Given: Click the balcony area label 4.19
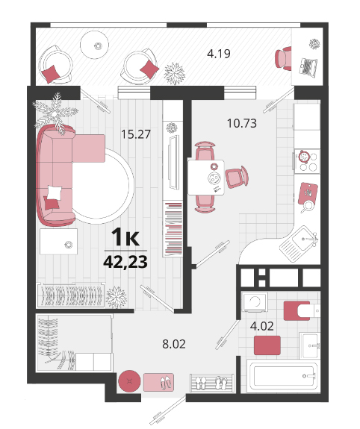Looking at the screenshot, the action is [x=219, y=54].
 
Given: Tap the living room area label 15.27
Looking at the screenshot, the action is [x=136, y=134].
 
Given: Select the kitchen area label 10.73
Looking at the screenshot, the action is [x=242, y=123].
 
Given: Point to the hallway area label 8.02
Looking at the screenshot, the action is [x=174, y=344].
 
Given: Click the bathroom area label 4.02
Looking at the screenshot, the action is [x=262, y=326].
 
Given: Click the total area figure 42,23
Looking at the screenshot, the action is [x=125, y=262].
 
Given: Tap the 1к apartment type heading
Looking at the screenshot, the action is [x=125, y=237].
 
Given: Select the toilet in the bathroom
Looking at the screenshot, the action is [x=308, y=310].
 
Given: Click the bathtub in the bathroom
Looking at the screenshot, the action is [x=283, y=376].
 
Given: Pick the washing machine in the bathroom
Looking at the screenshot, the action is [x=255, y=302].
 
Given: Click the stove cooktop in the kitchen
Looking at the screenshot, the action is [x=307, y=161].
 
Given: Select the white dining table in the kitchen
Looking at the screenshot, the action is [x=206, y=178].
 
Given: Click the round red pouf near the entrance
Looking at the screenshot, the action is [x=129, y=381].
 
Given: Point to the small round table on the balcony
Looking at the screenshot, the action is [x=95, y=45].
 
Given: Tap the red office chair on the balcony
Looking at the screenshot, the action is [x=284, y=58].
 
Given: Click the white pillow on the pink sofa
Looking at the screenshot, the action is [x=55, y=192].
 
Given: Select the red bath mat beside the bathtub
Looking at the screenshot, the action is [x=267, y=345].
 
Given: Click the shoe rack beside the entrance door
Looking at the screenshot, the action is [x=212, y=383].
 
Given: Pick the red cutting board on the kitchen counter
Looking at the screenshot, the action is [x=308, y=193].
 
